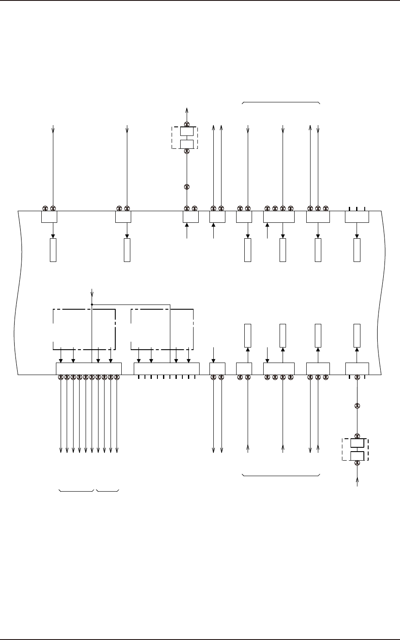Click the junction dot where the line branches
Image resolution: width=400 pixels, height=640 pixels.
[92, 304]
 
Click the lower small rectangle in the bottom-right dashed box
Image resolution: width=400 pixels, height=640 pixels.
[357, 456]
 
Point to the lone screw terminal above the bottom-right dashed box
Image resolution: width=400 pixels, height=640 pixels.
[357, 406]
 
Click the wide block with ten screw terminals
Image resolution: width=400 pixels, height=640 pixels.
[89, 369]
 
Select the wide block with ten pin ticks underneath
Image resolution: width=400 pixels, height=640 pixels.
[166, 369]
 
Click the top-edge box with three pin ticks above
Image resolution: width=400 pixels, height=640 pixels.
[357, 217]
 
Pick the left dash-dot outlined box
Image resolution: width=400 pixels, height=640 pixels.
[84, 329]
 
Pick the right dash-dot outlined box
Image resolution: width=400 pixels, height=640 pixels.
[162, 329]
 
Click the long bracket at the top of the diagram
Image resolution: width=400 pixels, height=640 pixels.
[281, 102]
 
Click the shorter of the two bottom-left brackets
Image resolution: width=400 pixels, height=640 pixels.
[108, 490]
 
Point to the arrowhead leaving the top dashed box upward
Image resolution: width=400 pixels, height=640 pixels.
[187, 109]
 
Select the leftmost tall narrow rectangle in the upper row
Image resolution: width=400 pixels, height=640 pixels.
[53, 249]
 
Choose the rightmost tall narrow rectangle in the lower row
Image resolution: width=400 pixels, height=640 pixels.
[357, 336]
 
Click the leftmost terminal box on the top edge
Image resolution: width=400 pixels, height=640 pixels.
[49, 217]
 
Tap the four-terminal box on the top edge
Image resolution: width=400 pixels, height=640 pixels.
[279, 217]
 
